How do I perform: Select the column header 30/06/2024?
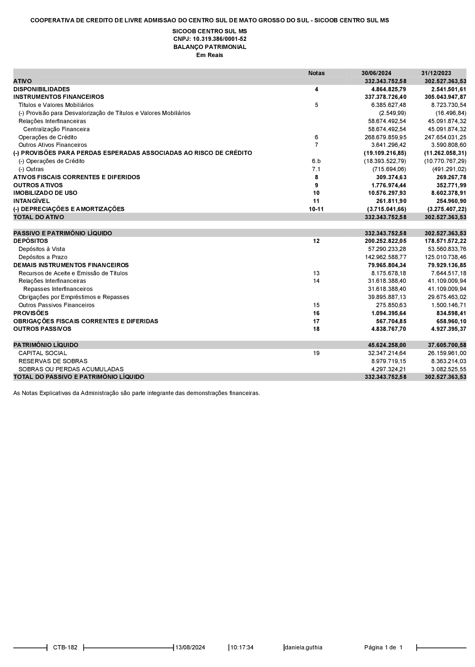(376, 73)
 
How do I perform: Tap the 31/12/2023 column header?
(436, 73)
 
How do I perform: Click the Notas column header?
(316, 73)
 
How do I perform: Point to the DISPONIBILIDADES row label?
(41, 89)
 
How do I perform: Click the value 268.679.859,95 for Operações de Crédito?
(387, 137)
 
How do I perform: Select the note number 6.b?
(316, 161)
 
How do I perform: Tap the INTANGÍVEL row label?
(31, 201)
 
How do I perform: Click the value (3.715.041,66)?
(386, 209)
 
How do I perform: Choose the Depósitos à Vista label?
(42, 249)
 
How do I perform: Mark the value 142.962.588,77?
(387, 257)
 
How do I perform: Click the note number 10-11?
(316, 209)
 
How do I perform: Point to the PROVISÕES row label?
(31, 313)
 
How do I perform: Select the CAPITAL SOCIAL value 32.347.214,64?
(387, 353)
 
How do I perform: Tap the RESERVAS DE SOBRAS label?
(53, 361)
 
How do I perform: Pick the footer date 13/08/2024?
(190, 648)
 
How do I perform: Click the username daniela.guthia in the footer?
(304, 648)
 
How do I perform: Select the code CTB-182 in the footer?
(65, 648)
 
